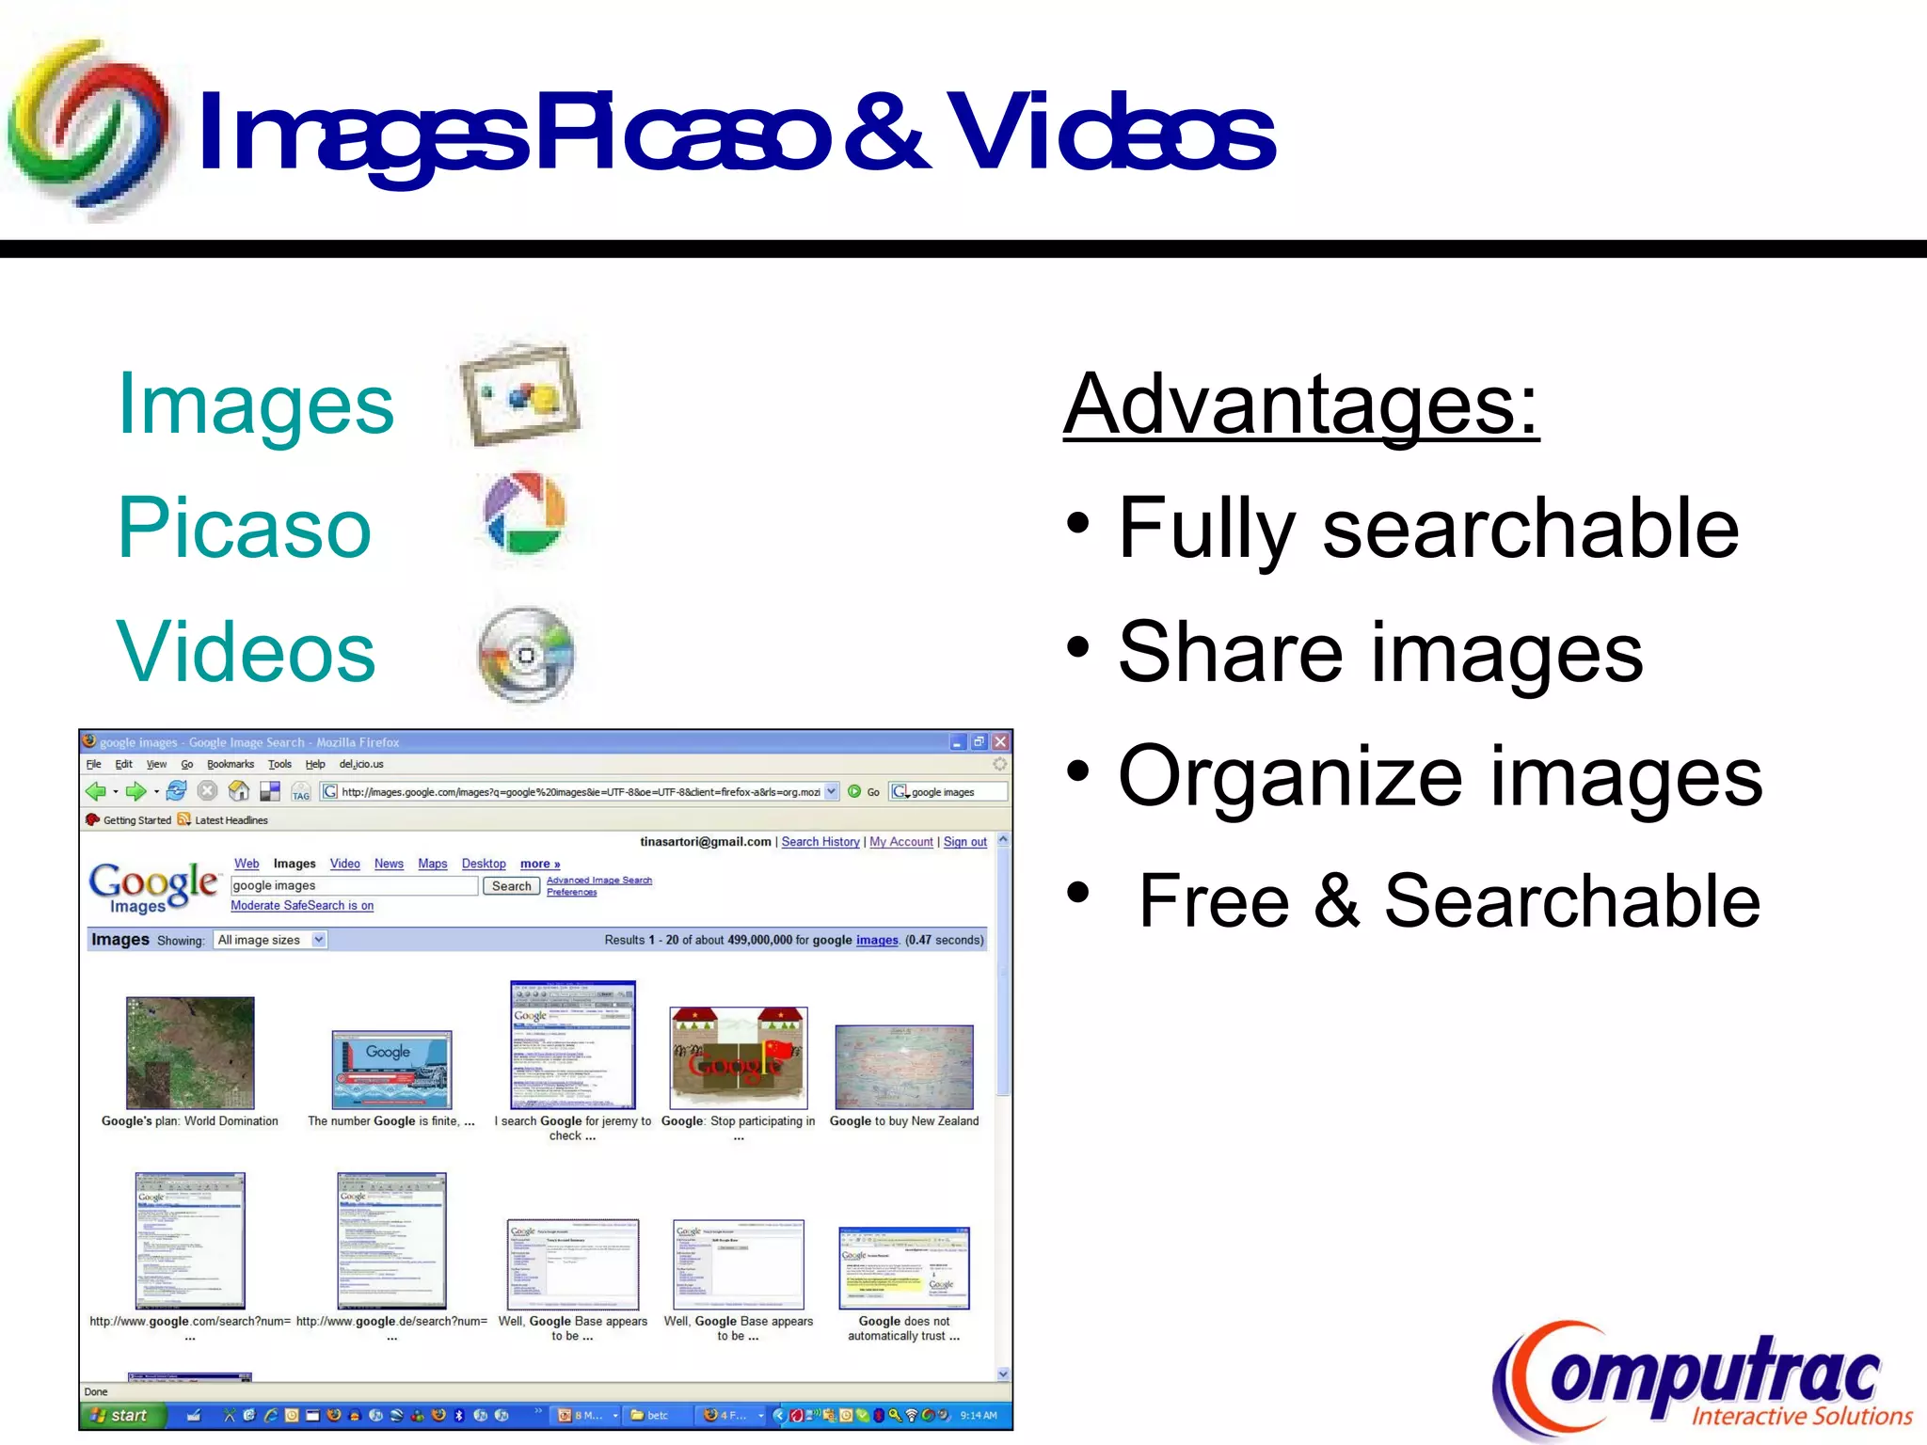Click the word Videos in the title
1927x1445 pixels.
[x=1110, y=135]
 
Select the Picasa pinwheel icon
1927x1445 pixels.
[x=524, y=515]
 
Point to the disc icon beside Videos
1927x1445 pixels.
[x=526, y=654]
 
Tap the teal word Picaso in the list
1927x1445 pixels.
[x=245, y=529]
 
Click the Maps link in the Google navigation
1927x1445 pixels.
[x=432, y=864]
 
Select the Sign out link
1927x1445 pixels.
[x=964, y=842]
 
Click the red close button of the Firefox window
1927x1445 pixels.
[x=1000, y=742]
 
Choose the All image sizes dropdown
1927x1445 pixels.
[x=270, y=940]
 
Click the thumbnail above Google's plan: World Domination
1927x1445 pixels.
[x=190, y=1053]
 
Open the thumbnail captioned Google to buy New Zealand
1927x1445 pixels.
[x=903, y=1067]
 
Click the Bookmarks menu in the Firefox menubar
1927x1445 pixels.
[x=231, y=765]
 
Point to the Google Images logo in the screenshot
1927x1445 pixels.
[x=153, y=887]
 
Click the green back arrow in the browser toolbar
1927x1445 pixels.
[x=95, y=792]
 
